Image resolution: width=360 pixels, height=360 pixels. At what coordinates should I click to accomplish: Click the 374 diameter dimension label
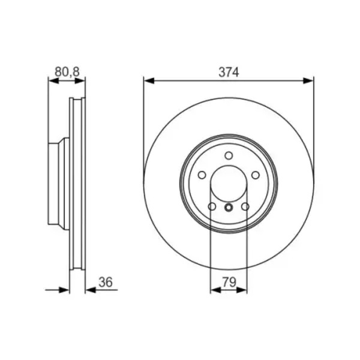pos(229,72)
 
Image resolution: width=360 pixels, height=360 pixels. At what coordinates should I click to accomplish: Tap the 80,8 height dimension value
pos(67,72)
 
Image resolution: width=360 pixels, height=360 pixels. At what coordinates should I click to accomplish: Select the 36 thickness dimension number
pos(106,282)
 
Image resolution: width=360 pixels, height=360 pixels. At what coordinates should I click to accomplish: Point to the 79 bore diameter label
pos(229,282)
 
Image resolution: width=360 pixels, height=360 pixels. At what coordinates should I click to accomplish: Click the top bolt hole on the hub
pos(229,155)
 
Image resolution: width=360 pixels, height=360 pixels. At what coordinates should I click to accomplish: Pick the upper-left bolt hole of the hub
pos(202,175)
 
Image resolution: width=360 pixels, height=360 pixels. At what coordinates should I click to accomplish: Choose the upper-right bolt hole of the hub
pos(256,175)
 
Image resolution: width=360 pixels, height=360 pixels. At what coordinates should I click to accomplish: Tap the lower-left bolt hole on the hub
pos(212,206)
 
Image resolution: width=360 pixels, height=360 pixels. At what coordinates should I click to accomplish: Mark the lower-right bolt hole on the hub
pos(245,206)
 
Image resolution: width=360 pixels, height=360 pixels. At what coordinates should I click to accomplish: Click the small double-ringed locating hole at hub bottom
pos(229,208)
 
